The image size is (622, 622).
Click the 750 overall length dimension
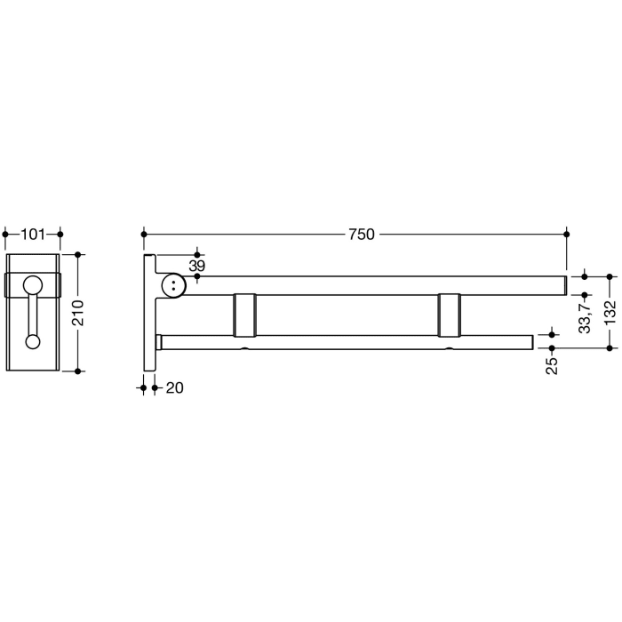(x=361, y=235)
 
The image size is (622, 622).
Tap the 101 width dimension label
(x=33, y=235)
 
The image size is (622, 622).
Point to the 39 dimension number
(x=196, y=266)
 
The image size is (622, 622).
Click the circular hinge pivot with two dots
(x=175, y=284)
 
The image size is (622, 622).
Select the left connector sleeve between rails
(x=245, y=315)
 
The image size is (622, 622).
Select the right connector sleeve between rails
(x=449, y=315)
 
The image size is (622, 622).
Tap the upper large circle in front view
(x=33, y=285)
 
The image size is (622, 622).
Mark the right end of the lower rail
(x=530, y=342)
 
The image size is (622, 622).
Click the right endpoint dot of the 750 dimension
(x=567, y=235)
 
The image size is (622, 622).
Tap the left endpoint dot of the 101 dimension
(x=6, y=235)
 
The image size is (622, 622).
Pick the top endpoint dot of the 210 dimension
(x=79, y=255)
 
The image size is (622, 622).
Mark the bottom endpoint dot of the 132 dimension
(x=609, y=348)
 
